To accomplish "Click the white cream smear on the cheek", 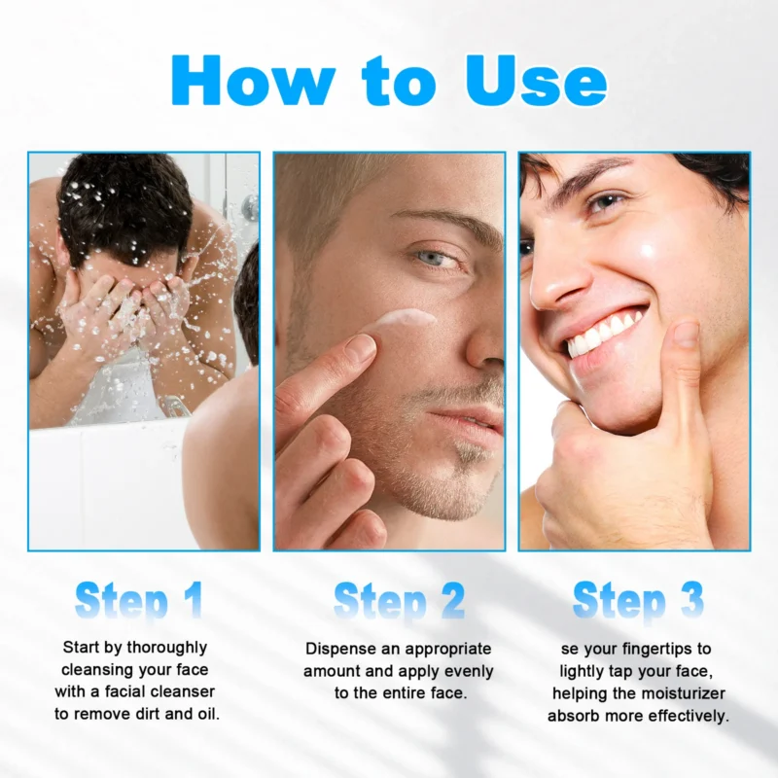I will pyautogui.click(x=402, y=320).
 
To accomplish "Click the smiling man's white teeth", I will pyautogui.click(x=603, y=332).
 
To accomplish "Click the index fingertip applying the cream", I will pyautogui.click(x=357, y=348).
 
